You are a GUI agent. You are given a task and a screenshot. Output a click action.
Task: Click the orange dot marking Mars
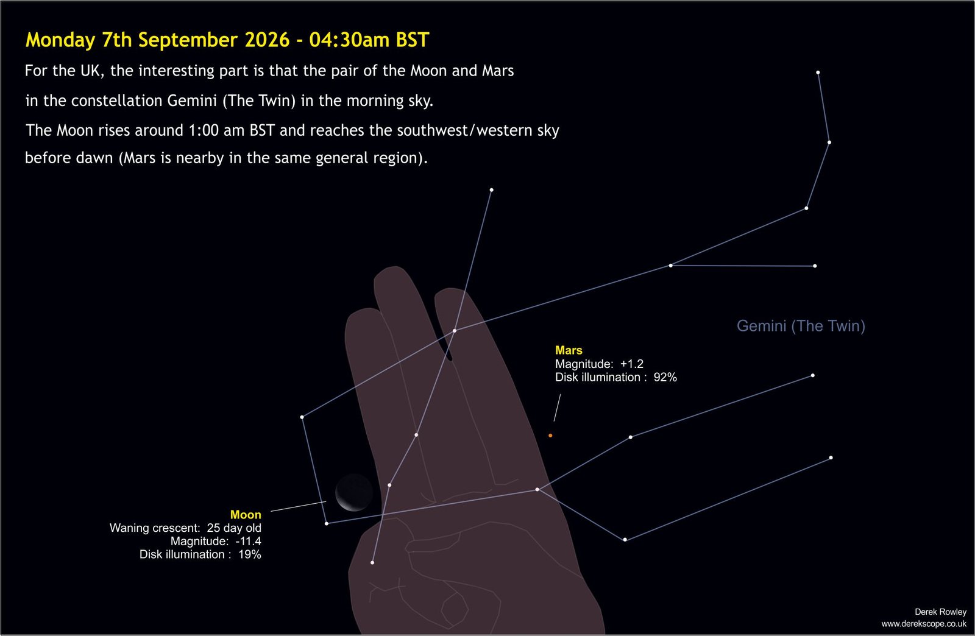pos(550,436)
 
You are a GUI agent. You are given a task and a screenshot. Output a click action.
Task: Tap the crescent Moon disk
pos(354,492)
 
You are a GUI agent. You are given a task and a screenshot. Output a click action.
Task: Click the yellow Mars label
pos(569,350)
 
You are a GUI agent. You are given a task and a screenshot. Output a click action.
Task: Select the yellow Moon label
pos(246,515)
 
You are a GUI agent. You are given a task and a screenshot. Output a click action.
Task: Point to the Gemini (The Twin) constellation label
pos(801,326)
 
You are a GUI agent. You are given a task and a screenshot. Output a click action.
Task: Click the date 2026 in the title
pos(268,40)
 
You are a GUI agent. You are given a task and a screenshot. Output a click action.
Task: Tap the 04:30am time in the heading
pos(349,40)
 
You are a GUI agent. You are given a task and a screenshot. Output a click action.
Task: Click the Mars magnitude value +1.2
pos(631,364)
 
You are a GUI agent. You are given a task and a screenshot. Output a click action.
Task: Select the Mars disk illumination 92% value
pos(665,377)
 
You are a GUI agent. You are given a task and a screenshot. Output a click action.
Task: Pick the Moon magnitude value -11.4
pos(248,541)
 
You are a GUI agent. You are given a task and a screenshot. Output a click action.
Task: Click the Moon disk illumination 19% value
pos(249,554)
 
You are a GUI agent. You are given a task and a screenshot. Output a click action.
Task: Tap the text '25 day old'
pos(234,528)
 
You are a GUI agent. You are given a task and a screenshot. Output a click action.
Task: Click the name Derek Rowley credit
pos(940,612)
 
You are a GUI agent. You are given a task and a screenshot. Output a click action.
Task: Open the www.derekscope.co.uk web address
pos(924,624)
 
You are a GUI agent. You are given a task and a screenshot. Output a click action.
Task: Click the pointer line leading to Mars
pos(557,408)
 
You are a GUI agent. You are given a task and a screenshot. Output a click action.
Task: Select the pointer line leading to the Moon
pos(299,506)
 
